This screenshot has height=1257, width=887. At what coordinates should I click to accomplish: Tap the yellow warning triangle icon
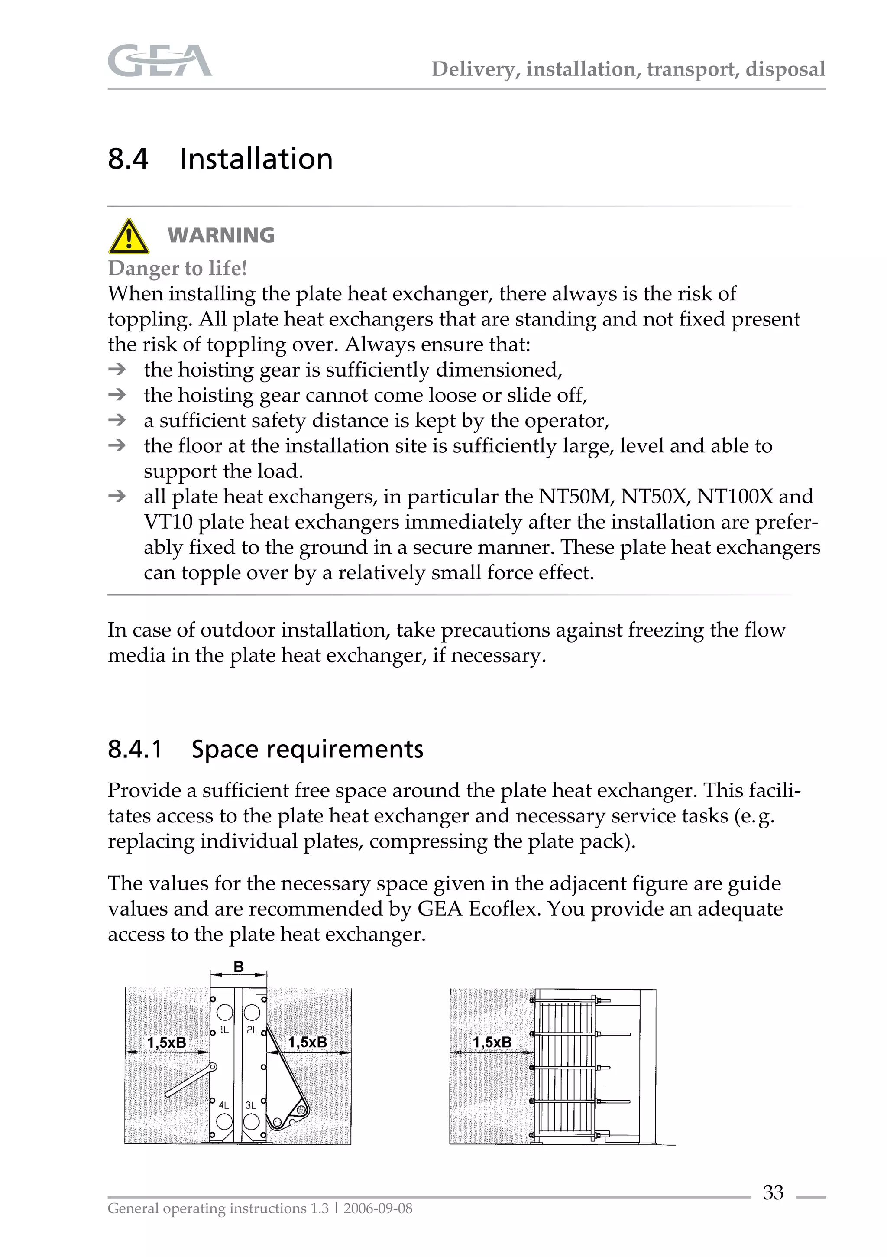click(129, 237)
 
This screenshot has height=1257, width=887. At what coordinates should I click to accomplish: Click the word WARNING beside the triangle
click(221, 235)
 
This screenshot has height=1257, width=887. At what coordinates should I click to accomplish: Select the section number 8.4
click(128, 159)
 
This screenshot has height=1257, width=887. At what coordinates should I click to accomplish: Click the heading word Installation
click(256, 159)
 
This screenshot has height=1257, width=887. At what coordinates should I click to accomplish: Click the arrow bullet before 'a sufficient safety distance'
click(117, 420)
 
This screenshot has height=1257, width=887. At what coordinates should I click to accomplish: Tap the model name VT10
click(168, 522)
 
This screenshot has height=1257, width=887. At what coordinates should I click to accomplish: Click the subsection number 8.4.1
click(135, 749)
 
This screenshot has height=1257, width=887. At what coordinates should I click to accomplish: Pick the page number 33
click(773, 1192)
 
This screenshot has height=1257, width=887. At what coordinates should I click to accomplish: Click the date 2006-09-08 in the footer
click(378, 1208)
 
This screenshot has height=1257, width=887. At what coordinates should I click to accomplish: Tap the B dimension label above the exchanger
click(239, 967)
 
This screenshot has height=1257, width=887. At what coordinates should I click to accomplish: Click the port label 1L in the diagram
click(224, 1030)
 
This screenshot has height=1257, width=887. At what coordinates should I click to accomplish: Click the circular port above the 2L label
click(252, 1012)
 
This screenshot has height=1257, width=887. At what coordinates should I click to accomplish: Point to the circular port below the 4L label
click(224, 1122)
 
